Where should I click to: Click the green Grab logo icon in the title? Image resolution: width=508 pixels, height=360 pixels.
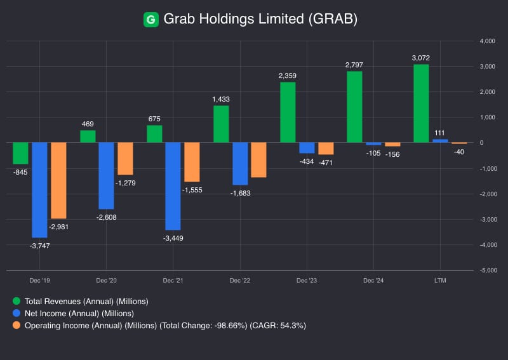coord(151,20)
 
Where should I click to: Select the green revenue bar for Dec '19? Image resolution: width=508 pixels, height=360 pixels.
coord(20,153)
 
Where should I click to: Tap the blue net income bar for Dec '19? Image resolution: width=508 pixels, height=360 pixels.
coord(39,189)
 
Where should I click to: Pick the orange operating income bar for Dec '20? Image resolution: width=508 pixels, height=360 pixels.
coord(125,158)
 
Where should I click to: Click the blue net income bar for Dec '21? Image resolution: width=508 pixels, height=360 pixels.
coord(173,185)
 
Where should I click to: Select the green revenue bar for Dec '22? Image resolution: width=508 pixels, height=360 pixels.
coord(221,124)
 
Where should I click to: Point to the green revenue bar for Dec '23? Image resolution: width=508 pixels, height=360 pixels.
coord(288,112)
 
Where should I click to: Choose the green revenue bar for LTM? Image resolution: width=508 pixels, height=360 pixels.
coord(421,103)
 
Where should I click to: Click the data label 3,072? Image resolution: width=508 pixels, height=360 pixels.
coord(421,58)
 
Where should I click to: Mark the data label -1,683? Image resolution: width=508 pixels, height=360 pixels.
coord(241,193)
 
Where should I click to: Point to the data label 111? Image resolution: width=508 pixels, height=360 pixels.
coord(439,133)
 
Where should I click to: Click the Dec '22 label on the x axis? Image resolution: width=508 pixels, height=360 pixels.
coord(240,280)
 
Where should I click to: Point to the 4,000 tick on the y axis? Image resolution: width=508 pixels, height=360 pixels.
coord(487,41)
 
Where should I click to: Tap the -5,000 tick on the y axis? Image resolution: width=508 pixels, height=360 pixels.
coord(487,270)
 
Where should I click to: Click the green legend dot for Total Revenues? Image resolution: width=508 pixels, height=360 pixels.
coord(17,301)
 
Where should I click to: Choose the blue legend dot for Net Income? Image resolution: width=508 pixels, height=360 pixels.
coord(17,313)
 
